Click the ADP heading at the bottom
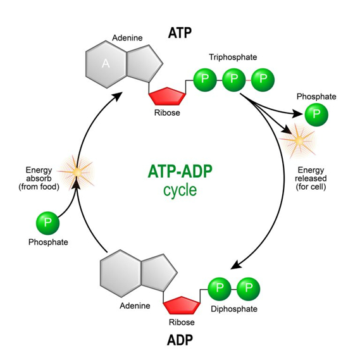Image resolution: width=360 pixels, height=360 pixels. click(x=180, y=340)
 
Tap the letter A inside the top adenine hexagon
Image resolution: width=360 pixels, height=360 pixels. click(x=106, y=63)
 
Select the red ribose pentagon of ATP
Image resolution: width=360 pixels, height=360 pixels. click(x=168, y=96)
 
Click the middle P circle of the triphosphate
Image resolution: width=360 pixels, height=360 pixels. click(x=233, y=81)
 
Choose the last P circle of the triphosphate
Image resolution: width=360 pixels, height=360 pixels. click(x=261, y=81)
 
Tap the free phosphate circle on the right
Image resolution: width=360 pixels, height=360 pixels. click(x=316, y=115)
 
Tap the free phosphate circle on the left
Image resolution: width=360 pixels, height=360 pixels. click(x=47, y=224)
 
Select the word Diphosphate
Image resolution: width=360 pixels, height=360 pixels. click(x=234, y=309)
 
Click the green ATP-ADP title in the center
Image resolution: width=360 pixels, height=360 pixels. click(x=180, y=172)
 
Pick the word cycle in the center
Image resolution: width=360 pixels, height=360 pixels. click(x=180, y=190)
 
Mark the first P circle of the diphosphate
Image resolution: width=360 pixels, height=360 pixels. click(x=220, y=289)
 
